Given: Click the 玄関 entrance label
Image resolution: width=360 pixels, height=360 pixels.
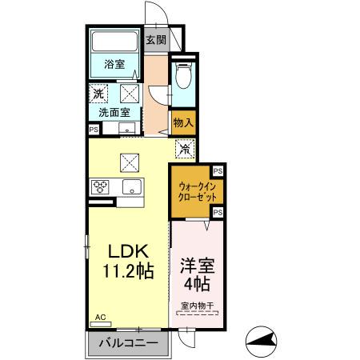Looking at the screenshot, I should (x=156, y=40).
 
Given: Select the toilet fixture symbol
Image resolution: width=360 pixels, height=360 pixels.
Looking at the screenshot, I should (x=182, y=76).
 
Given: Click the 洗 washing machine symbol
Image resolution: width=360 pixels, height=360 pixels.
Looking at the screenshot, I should (x=97, y=94).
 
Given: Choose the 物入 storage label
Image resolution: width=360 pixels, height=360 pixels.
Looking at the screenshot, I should (x=183, y=123).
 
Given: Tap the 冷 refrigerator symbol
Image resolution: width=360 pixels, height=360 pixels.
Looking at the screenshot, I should (x=183, y=148).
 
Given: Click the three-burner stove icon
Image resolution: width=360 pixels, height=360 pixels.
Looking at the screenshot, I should (x=102, y=187).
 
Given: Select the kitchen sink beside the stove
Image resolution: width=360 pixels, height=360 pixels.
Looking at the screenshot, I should (x=130, y=187).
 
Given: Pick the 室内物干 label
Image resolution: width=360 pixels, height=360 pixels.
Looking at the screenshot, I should (x=196, y=305).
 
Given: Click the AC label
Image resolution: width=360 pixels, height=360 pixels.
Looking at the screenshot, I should (x=100, y=318).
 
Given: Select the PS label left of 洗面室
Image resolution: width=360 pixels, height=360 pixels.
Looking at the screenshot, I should (x=94, y=129).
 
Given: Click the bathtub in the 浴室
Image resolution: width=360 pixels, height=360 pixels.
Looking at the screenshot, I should (x=114, y=42).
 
